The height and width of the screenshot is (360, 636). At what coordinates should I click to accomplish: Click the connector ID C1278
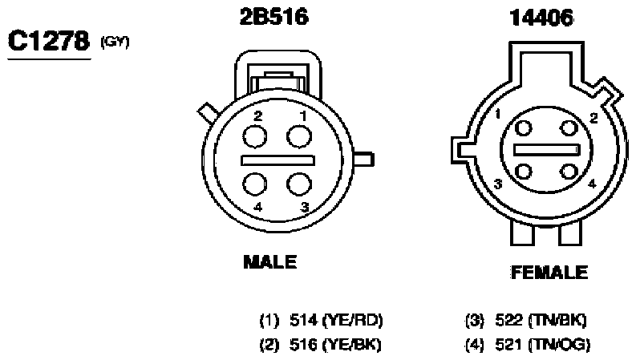[x=49, y=41]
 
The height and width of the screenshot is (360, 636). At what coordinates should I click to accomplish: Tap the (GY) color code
[x=115, y=42]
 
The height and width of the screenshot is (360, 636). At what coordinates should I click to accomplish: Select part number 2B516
[x=273, y=17]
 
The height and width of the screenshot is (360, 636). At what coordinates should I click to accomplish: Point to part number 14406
[x=541, y=18]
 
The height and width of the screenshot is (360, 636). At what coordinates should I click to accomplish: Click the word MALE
[x=269, y=262]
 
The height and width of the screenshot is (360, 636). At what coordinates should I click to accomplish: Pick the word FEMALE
[x=549, y=272]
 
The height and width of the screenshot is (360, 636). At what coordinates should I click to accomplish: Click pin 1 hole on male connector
[x=299, y=136]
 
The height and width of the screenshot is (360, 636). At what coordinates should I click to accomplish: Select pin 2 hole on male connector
[x=255, y=136]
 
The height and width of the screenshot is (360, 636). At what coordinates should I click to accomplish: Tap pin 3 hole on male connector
[x=299, y=184]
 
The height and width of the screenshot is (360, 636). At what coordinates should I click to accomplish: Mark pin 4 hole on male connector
[x=255, y=184]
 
